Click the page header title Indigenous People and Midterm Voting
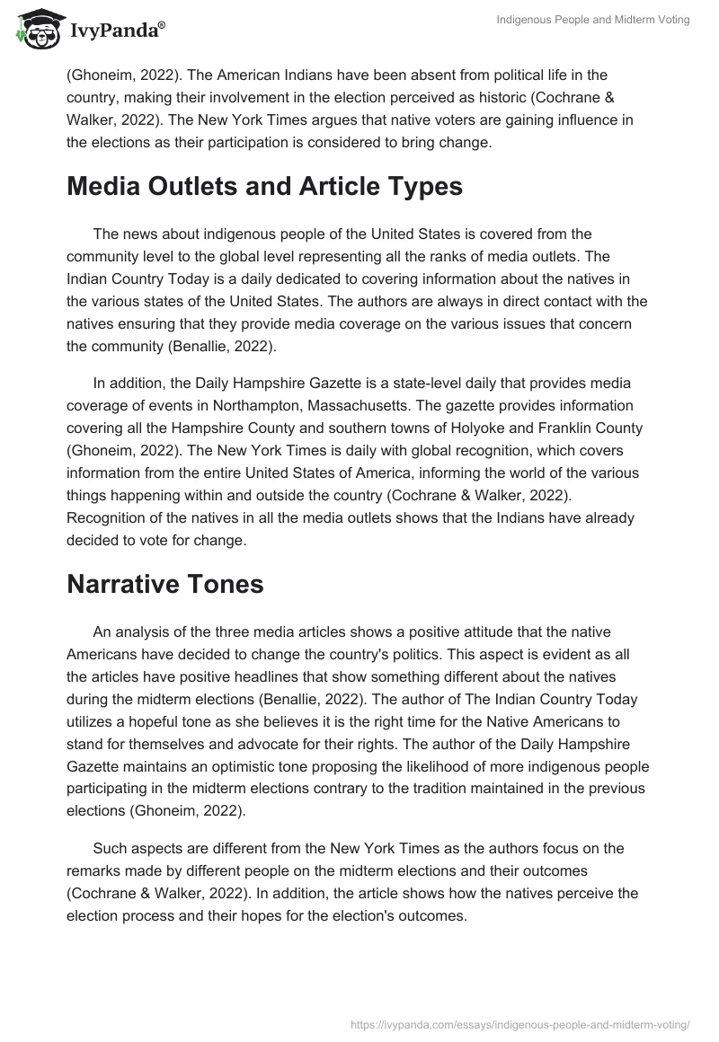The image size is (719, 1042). (x=592, y=20)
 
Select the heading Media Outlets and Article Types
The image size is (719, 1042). (x=264, y=187)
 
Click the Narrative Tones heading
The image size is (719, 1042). (x=164, y=559)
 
